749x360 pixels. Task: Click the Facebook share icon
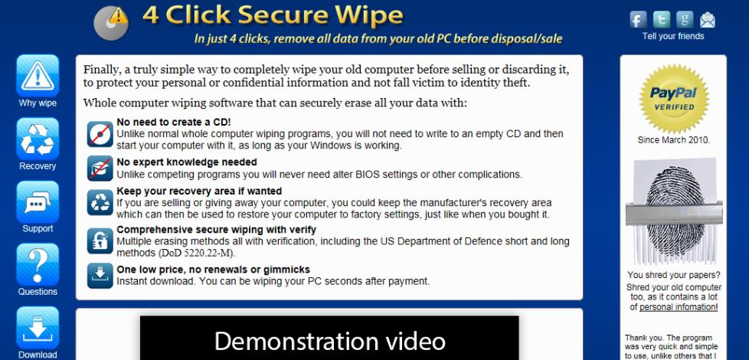638,20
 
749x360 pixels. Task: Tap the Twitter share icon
662,20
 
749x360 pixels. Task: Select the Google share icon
685,20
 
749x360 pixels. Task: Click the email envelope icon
708,20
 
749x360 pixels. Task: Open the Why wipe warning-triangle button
38,75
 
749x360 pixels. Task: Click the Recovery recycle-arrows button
38,139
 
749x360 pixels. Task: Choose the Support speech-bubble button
38,202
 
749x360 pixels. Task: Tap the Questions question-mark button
38,264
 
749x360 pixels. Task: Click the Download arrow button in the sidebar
38,328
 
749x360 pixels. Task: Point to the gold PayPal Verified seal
673,99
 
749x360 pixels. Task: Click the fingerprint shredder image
673,211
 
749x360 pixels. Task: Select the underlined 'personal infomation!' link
679,307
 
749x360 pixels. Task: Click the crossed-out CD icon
100,134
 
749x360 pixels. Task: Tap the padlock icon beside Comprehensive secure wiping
100,241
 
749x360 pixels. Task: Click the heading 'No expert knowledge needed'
187,162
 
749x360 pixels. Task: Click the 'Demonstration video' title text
329,341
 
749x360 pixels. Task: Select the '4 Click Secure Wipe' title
273,15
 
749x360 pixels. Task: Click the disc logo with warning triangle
111,22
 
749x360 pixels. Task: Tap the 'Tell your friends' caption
673,36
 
